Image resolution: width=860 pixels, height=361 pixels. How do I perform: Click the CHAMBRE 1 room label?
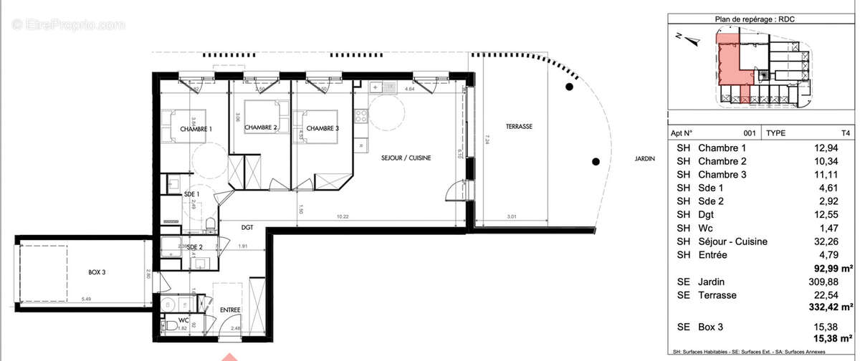[x=196, y=129]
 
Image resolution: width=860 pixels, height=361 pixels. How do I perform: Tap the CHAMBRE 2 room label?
[x=261, y=128]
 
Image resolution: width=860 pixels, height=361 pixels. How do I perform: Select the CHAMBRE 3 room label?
[x=322, y=128]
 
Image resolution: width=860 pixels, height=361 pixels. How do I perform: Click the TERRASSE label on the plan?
[x=519, y=126]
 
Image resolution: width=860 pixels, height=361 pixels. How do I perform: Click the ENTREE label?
[x=230, y=310]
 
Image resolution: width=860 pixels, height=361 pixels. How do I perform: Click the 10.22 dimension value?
[x=343, y=216]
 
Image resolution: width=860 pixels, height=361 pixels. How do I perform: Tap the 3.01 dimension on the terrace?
[x=512, y=216]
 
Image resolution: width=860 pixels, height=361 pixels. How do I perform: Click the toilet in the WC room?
[x=172, y=326]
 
